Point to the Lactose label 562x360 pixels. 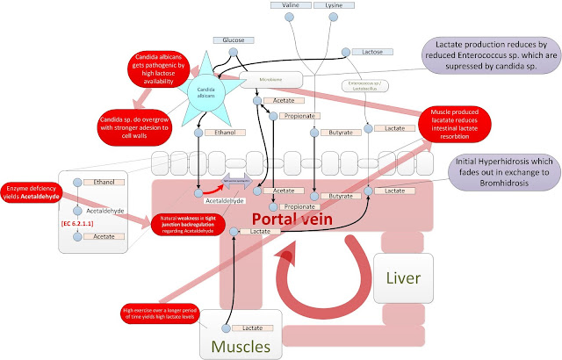pyautogui.click(x=373, y=53)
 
